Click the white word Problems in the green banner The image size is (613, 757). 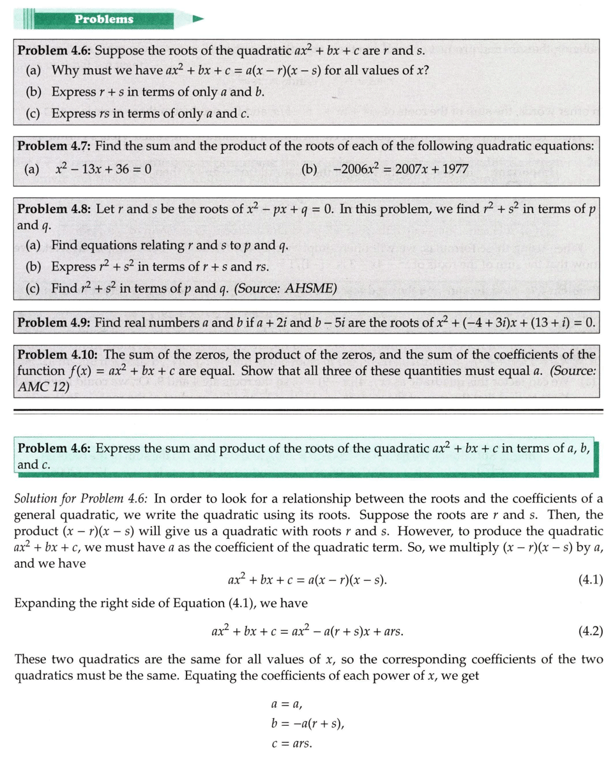pyautogui.click(x=104, y=19)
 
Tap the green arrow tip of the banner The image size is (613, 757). pyautogui.click(x=199, y=19)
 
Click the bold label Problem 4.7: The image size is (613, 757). pyautogui.click(x=54, y=146)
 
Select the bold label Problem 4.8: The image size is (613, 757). pyautogui.click(x=54, y=209)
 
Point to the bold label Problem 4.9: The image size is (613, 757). pyautogui.click(x=54, y=323)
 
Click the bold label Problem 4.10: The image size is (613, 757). pyautogui.click(x=58, y=355)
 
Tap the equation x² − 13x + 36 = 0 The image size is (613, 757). pyautogui.click(x=103, y=169)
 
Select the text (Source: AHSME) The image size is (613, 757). pyautogui.click(x=285, y=288)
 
